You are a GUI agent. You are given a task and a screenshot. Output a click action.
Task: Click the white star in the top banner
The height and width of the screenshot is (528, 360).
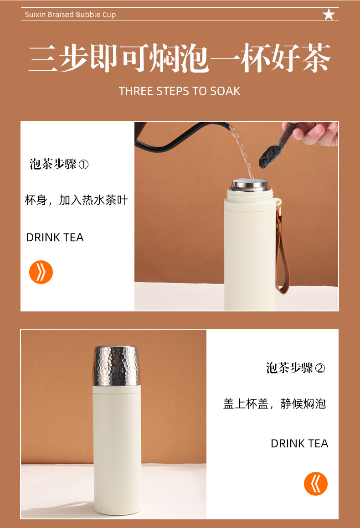[x=329, y=15]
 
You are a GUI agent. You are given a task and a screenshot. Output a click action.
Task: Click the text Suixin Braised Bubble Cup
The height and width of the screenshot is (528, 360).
[x=70, y=15]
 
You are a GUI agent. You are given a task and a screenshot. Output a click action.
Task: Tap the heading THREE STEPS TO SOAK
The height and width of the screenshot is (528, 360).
[x=180, y=91]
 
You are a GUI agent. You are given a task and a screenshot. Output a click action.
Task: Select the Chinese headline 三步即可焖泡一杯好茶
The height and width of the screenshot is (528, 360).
[x=180, y=58]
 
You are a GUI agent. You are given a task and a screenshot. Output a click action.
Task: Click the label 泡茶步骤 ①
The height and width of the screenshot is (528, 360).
[x=59, y=164]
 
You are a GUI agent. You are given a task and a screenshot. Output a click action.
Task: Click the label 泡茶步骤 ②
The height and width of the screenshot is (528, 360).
[x=295, y=368]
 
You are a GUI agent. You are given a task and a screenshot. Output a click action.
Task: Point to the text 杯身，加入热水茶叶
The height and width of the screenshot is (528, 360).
[x=76, y=200]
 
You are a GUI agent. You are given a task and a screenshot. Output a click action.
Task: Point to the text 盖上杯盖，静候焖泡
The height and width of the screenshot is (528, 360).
[x=274, y=404]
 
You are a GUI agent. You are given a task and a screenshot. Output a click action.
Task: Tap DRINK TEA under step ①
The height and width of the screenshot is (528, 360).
[x=55, y=238]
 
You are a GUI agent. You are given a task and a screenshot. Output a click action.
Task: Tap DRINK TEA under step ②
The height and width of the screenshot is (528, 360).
[x=299, y=444]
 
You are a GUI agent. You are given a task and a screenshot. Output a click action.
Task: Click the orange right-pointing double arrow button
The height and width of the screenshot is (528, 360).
[x=41, y=273]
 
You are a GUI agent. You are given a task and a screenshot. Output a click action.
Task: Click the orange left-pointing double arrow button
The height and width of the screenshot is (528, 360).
[x=316, y=484]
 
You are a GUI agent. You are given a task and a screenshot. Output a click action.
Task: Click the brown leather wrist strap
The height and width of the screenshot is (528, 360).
[x=283, y=255]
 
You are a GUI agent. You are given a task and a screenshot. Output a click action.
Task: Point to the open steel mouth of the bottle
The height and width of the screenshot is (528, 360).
[x=249, y=185]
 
